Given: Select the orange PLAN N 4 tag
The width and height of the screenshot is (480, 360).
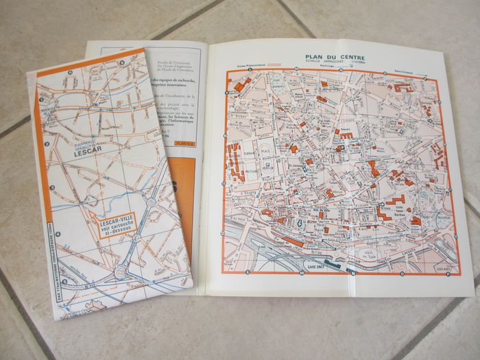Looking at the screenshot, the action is pos(183,143).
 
